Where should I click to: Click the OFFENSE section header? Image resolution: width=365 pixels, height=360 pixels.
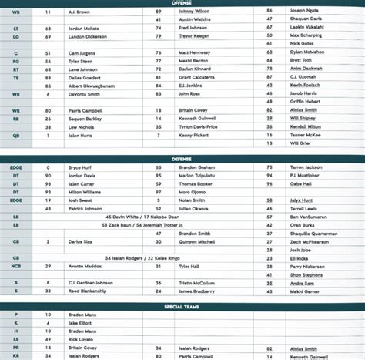point(182,3)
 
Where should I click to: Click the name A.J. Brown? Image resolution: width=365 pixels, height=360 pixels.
point(81,12)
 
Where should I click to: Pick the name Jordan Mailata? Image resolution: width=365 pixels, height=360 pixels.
point(84,28)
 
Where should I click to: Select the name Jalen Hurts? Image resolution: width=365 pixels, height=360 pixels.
point(80,135)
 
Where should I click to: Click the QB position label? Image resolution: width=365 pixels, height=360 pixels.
point(16,135)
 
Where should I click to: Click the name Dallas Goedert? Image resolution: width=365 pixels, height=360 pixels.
point(84,77)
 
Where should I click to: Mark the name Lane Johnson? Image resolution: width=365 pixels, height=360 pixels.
point(82,69)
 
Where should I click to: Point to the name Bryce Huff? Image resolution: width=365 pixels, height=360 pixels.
point(79,167)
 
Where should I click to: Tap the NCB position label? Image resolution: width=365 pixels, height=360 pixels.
point(16,265)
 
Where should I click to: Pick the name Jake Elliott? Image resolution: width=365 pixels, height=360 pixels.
point(80,322)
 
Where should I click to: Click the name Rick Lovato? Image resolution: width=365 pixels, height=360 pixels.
point(80,339)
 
